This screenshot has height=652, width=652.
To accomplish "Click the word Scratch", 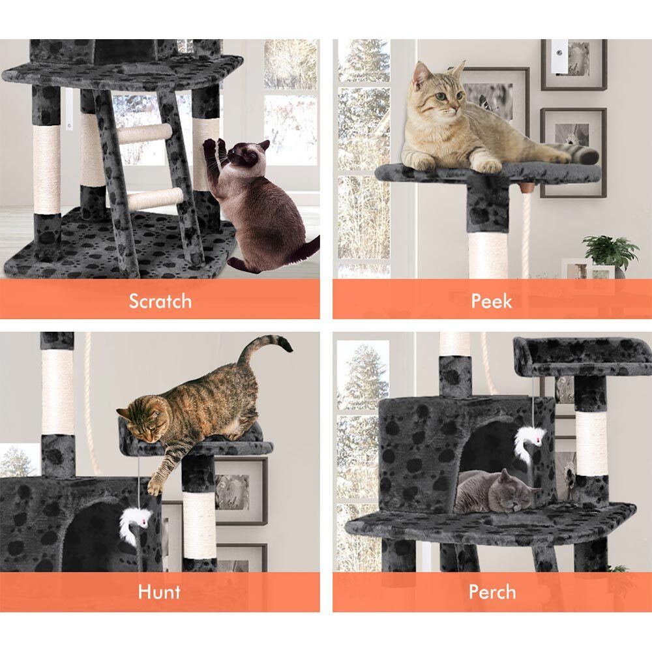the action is (160, 301).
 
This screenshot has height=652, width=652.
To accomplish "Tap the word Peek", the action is (492, 301).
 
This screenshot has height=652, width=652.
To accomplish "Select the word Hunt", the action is (160, 592).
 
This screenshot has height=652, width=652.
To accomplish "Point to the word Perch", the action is (492, 592).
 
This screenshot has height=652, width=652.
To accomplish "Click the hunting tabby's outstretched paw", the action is (155, 485).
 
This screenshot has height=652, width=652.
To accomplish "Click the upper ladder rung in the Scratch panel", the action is (144, 134).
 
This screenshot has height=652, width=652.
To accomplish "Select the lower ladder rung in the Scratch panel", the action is (155, 199).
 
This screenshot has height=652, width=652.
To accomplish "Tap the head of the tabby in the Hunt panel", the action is (141, 419).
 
